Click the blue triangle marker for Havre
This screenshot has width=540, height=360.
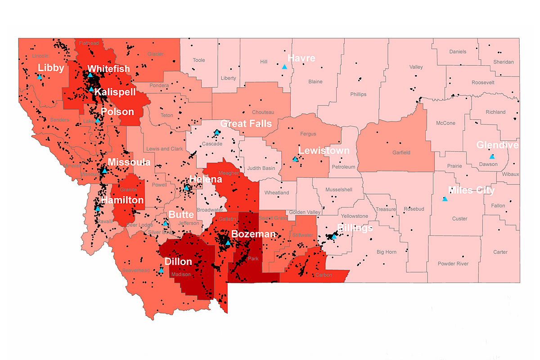[284, 67]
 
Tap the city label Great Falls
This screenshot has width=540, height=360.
[246, 123]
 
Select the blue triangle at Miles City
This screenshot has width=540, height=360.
[445, 199]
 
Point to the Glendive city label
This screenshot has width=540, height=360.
[497, 145]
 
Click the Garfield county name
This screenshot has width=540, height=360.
[400, 153]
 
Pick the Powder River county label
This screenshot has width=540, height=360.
[453, 264]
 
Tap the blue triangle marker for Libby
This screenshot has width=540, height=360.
[40, 77]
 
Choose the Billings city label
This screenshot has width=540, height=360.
[355, 228]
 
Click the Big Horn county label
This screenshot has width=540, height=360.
[387, 252]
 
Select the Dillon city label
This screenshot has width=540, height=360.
[178, 262]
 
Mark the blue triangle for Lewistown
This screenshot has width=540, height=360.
[295, 159]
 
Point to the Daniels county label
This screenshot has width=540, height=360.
[458, 52]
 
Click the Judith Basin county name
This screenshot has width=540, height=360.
[261, 169]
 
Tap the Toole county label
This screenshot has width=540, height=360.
[198, 60]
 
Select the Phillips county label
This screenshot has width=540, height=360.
[358, 94]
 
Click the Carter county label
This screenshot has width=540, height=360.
[500, 252]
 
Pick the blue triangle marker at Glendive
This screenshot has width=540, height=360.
[492, 157]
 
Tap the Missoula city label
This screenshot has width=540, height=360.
[129, 162]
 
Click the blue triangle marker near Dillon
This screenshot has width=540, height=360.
[161, 270]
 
